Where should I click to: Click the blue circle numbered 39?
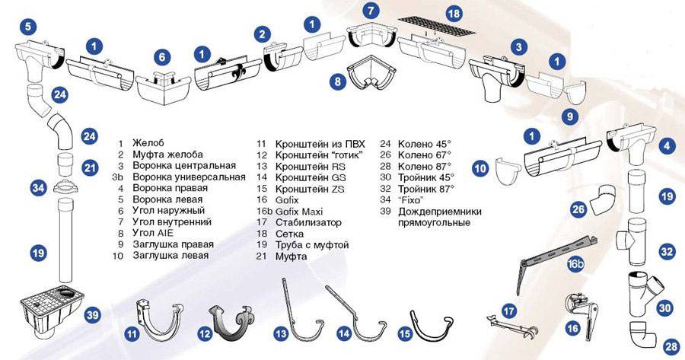click(92, 315)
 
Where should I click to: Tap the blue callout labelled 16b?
click(576, 264)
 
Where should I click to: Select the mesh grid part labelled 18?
click(438, 26)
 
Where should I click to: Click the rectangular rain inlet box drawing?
click(52, 311)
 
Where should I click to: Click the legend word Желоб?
click(148, 143)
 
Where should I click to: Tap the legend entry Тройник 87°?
click(426, 189)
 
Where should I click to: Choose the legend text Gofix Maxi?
click(299, 212)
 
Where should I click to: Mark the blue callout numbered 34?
click(39, 189)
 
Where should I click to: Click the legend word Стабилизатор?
click(308, 222)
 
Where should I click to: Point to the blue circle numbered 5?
click(28, 26)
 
